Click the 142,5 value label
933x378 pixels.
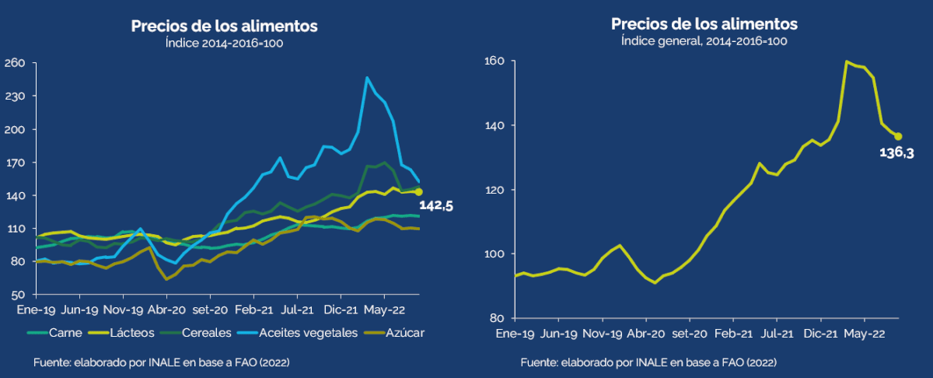436,205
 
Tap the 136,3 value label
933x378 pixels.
896,153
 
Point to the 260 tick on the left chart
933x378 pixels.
16,63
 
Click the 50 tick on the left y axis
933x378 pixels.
19,295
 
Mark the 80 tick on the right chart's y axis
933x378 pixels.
498,318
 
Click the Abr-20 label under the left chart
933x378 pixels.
166,309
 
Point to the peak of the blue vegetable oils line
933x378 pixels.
367,78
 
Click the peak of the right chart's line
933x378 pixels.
847,61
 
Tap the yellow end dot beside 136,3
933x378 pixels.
898,136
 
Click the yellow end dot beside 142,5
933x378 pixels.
419,191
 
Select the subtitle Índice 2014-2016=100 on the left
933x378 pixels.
224,44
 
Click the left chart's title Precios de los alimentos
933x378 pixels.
224,26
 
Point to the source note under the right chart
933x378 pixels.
648,362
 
